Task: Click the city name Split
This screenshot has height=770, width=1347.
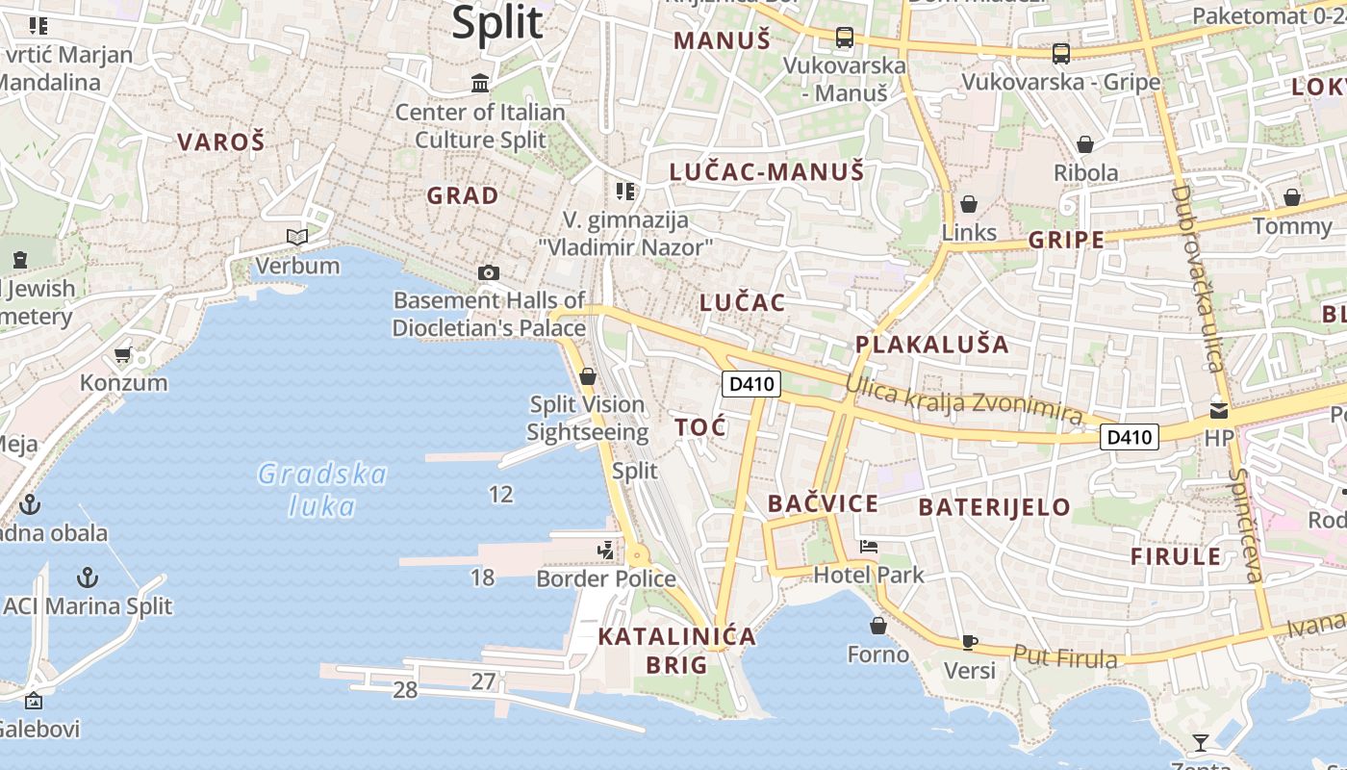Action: [497, 22]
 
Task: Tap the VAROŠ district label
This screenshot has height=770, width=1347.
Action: [220, 142]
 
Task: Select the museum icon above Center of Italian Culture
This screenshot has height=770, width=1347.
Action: [480, 84]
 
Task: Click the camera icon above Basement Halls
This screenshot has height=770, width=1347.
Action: [489, 272]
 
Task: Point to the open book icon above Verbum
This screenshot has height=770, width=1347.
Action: [297, 237]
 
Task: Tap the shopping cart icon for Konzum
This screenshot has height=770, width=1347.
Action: [122, 355]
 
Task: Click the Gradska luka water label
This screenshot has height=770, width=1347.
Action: [322, 489]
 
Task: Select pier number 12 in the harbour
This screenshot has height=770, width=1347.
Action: [500, 495]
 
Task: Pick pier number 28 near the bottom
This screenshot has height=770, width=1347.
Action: [405, 690]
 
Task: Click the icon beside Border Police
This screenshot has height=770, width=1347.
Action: [605, 551]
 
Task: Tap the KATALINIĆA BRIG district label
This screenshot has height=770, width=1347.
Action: [676, 651]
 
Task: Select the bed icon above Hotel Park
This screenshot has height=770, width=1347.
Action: [869, 547]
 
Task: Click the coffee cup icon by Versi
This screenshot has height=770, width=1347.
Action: [969, 642]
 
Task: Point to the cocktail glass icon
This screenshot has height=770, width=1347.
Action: [1200, 742]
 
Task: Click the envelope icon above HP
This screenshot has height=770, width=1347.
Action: [1219, 410]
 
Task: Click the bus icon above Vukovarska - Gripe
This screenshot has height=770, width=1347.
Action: [1060, 54]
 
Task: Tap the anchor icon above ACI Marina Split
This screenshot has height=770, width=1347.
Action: [88, 577]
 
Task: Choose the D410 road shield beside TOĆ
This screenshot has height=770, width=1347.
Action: [750, 384]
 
